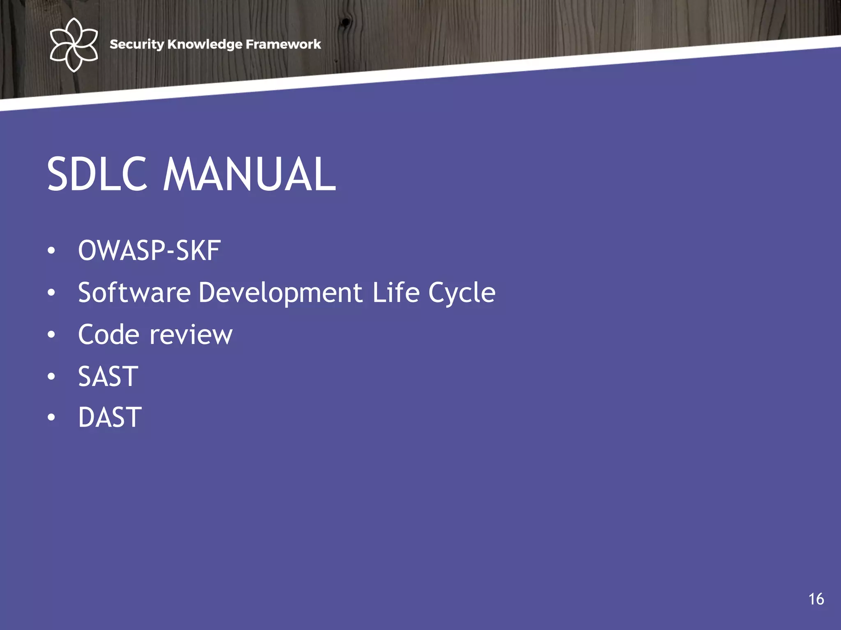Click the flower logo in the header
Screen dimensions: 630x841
click(x=74, y=45)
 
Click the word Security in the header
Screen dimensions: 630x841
click(x=137, y=44)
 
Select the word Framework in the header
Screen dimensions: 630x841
click(x=283, y=44)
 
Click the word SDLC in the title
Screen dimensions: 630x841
click(x=97, y=174)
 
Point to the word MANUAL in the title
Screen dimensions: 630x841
click(x=250, y=174)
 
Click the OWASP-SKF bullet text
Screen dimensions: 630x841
click(x=149, y=251)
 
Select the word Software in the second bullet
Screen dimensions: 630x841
click(x=134, y=293)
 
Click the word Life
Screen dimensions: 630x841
click(x=396, y=293)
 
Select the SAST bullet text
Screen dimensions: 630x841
click(x=108, y=377)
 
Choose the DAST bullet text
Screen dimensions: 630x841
click(x=110, y=418)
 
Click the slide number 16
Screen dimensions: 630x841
click(x=816, y=599)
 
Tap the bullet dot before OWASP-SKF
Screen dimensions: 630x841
click(x=51, y=251)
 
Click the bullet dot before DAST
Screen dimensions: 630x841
click(x=51, y=418)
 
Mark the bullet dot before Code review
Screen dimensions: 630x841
click(x=51, y=335)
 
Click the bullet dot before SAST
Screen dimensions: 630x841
click(x=51, y=377)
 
